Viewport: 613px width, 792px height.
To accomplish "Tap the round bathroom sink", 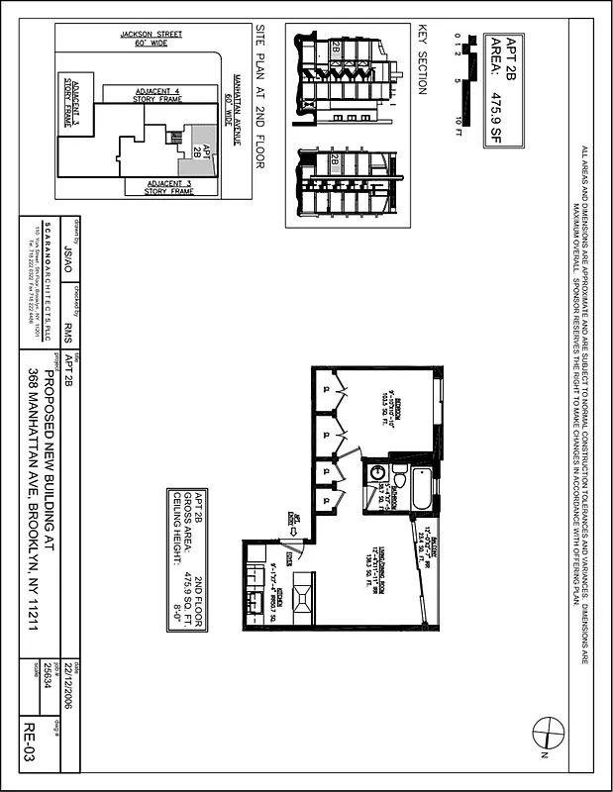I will pos(376,474).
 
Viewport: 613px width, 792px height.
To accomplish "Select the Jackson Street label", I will pos(151,38).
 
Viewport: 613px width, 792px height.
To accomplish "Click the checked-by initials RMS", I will pos(68,327).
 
